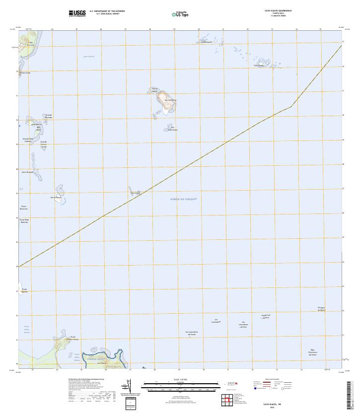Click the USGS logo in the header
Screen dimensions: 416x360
click(78, 12)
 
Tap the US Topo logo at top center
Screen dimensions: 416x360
click(180, 14)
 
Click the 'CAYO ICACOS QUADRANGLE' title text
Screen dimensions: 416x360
click(278, 10)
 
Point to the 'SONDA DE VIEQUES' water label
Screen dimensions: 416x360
click(184, 199)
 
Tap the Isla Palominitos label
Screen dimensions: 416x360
click(173, 129)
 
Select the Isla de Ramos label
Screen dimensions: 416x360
click(56, 197)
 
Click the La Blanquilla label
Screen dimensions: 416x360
click(207, 42)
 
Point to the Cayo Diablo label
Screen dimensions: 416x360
click(259, 65)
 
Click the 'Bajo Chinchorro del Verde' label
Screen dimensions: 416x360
click(313, 352)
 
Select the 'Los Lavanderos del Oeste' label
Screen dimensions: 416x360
click(194, 333)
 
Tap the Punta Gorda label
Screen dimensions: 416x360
click(25, 72)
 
